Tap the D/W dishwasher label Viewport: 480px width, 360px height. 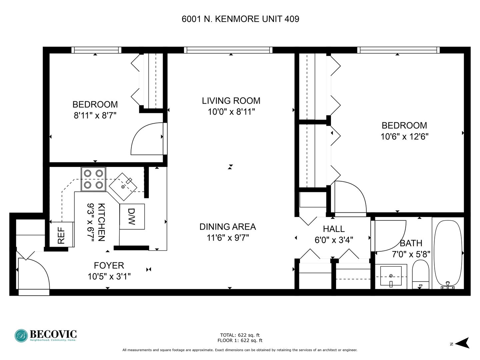click(x=132, y=217)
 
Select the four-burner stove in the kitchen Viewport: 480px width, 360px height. click(x=93, y=179)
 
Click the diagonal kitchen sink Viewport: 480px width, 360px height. click(x=123, y=187)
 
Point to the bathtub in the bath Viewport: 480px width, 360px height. click(x=448, y=254)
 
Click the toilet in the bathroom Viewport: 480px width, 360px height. click(x=421, y=275)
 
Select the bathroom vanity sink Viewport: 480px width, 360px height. click(x=391, y=276)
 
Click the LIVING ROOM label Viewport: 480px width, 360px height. click(x=231, y=101)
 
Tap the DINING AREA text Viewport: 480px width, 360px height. click(x=228, y=227)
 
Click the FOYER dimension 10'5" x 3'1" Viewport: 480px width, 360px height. click(x=109, y=277)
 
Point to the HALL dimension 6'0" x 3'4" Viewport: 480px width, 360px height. click(x=334, y=240)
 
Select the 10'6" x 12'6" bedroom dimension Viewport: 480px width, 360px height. click(x=404, y=137)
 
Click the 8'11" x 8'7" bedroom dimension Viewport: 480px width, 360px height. click(x=95, y=115)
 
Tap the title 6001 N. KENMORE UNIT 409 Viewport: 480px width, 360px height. click(x=240, y=19)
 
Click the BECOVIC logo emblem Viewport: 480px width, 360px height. click(x=21, y=336)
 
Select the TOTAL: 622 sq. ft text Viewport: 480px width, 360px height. click(x=240, y=335)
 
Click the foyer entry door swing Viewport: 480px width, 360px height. click(x=34, y=273)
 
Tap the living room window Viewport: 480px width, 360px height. click(x=228, y=50)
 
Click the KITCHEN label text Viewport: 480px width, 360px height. click(x=101, y=222)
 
